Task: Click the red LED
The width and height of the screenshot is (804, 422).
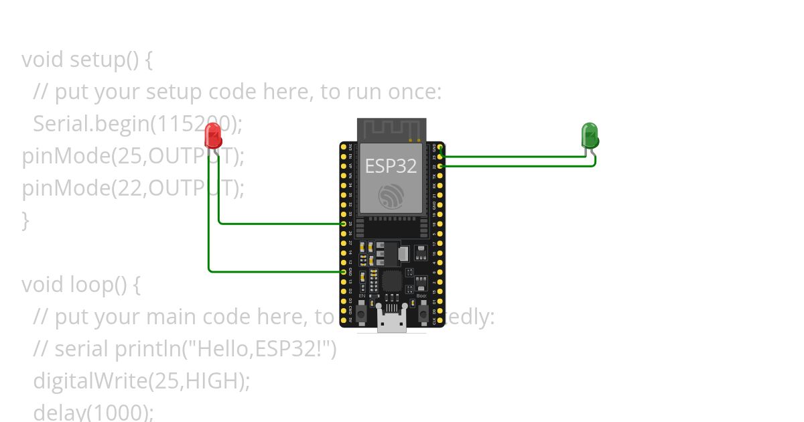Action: point(213,135)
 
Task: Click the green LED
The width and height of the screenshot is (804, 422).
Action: point(589,135)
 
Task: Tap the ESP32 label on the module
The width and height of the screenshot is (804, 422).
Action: point(391,166)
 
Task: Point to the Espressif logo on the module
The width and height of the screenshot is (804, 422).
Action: point(391,196)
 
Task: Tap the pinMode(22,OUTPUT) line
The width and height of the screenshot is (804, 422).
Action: point(133,188)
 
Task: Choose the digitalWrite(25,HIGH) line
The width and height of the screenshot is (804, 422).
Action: point(141,381)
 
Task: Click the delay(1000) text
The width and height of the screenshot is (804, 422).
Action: point(93,411)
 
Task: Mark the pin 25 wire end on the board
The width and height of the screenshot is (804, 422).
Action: point(344,224)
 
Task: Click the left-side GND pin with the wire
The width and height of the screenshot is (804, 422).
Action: point(344,272)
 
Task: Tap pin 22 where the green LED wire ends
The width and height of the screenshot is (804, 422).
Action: point(440,165)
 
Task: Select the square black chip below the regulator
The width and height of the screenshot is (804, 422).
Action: point(392,281)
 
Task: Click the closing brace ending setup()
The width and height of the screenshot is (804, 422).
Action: point(25,220)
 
